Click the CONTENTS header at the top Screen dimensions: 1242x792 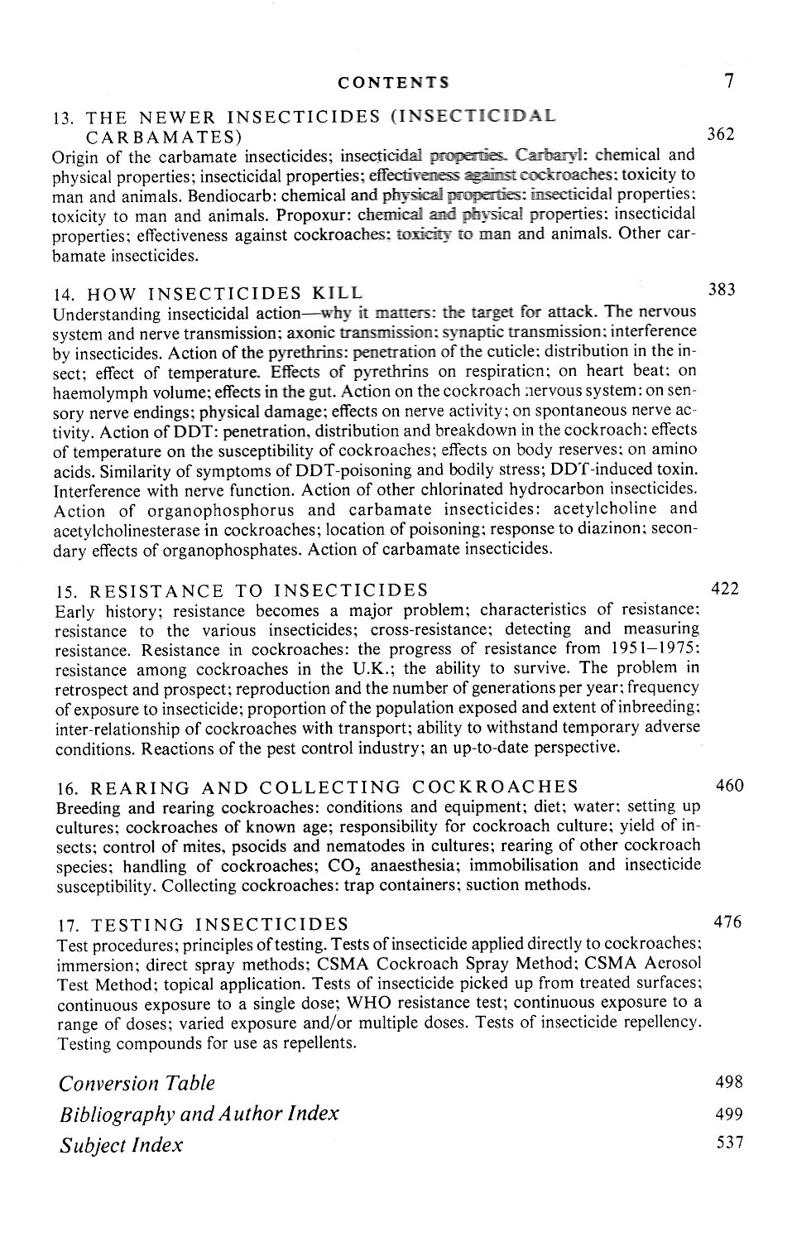click(394, 82)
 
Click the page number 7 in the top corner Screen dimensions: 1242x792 click(728, 80)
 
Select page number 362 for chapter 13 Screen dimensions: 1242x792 click(720, 133)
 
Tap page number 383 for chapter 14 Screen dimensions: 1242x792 click(722, 289)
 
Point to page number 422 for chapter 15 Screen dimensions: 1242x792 click(725, 589)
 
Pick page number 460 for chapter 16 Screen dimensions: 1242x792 click(729, 785)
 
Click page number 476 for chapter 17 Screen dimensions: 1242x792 click(727, 922)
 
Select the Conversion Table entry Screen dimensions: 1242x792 click(137, 1083)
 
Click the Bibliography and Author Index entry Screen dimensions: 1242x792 click(199, 1114)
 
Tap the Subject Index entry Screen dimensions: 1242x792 click(121, 1145)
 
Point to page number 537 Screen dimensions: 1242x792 click(728, 1143)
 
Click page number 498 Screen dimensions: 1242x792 click(728, 1082)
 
